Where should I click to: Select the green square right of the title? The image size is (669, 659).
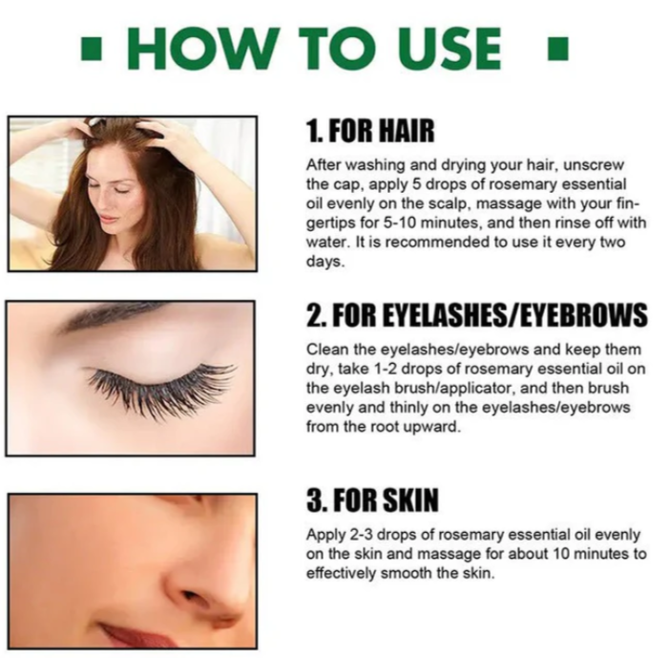(557, 49)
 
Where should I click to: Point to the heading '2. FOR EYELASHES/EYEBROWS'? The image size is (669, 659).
(476, 315)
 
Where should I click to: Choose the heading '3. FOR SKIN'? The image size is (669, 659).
(372, 500)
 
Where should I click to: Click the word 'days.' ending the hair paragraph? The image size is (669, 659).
(325, 262)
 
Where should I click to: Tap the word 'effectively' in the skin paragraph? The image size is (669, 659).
(341, 573)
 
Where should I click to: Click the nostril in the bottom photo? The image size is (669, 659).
(193, 596)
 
